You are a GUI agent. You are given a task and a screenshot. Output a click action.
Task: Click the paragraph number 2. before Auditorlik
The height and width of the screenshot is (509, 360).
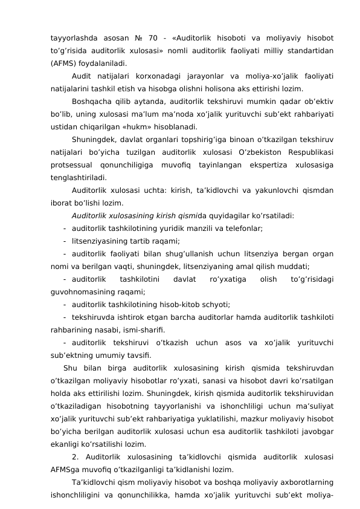coord(75,458)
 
